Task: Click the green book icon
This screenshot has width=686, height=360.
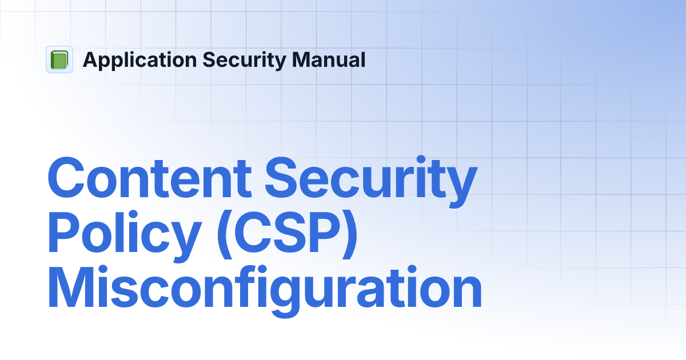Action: point(59,59)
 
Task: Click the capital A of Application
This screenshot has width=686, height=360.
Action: point(90,59)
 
